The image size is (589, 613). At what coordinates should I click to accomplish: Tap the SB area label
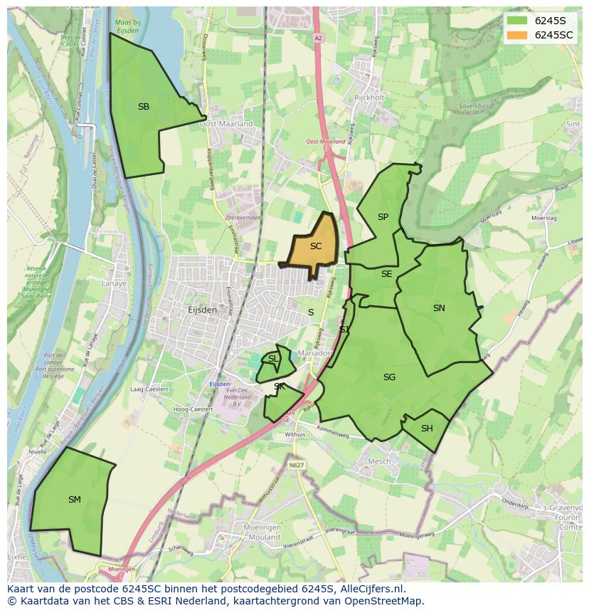tap(144, 107)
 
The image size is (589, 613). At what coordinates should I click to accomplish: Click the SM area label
tap(75, 500)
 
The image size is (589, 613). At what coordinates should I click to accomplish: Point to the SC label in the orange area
tap(316, 246)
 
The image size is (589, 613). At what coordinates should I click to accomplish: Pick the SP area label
tap(383, 217)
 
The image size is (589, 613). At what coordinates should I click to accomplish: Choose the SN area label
tap(439, 308)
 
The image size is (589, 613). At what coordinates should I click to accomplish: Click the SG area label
tap(389, 377)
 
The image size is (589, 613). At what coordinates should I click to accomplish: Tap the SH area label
tap(427, 429)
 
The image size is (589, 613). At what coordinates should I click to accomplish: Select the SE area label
tap(386, 274)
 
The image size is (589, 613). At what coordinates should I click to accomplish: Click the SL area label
tap(273, 359)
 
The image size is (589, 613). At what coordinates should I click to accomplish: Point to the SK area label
tap(280, 387)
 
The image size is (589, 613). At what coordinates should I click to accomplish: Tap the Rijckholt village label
tap(368, 98)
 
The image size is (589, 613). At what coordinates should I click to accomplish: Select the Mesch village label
tap(379, 461)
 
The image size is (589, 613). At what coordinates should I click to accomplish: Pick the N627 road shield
tap(297, 465)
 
